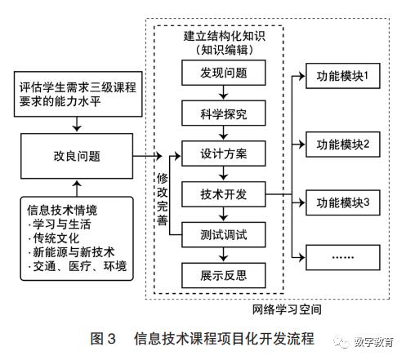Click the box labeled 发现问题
(224, 73)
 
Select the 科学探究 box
(224, 113)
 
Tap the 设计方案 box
(224, 153)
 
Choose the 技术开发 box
(224, 194)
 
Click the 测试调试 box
(224, 234)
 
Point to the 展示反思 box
(224, 275)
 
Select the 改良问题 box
(77, 156)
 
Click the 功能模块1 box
(343, 76)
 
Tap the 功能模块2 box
(343, 144)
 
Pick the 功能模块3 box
(343, 202)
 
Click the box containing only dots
(343, 257)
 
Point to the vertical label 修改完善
(163, 199)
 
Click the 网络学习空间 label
(287, 309)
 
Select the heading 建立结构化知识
(224, 36)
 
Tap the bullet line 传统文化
(54, 238)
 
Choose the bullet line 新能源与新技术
(71, 252)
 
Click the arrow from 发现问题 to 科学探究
(224, 93)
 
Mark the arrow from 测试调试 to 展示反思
(224, 255)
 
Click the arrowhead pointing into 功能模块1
(302, 76)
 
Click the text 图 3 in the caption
(103, 339)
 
